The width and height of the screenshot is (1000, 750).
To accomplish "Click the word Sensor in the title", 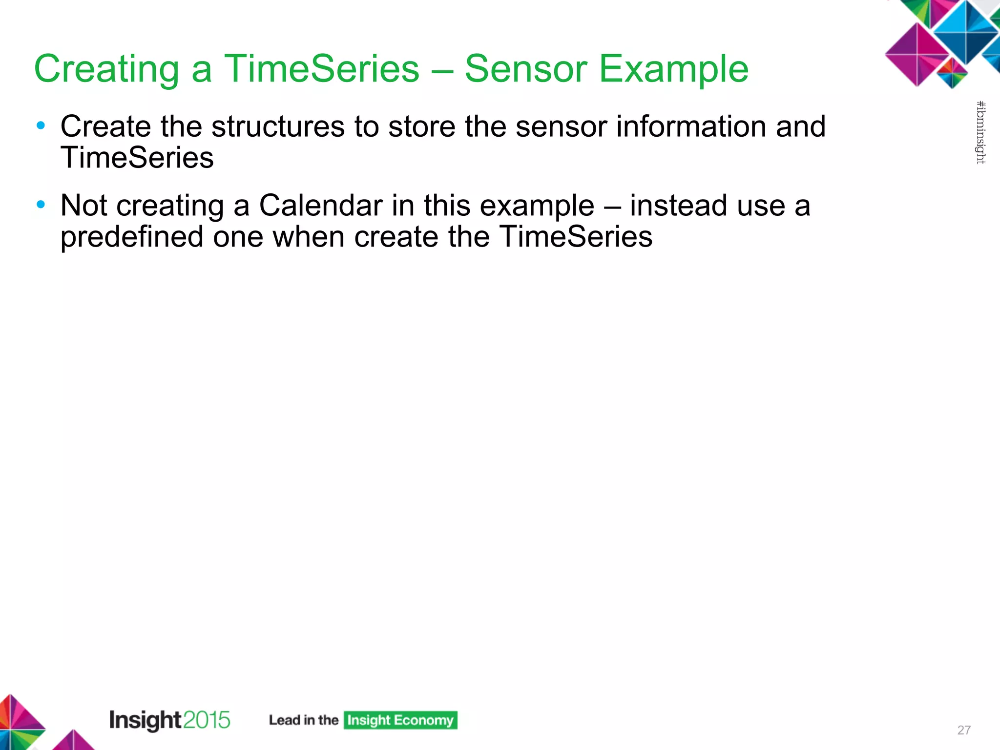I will tap(525, 69).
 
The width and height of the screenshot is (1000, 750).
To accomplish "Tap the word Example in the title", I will tap(673, 70).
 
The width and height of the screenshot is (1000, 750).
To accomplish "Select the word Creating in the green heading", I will tap(107, 70).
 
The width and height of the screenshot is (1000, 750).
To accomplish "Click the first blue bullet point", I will tap(41, 125).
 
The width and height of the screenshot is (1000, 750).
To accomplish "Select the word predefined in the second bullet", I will tap(132, 237).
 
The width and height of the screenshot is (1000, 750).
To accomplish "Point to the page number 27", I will tap(964, 730).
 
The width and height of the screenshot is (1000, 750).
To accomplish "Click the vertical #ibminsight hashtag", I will tap(980, 132).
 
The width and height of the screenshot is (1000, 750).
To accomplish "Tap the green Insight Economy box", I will tap(400, 720).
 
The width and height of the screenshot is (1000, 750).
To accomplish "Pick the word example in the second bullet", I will tap(537, 206).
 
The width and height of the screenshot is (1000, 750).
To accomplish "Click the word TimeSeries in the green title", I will tap(321, 69).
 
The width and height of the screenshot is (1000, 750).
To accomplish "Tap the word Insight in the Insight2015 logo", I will tap(146, 720).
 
